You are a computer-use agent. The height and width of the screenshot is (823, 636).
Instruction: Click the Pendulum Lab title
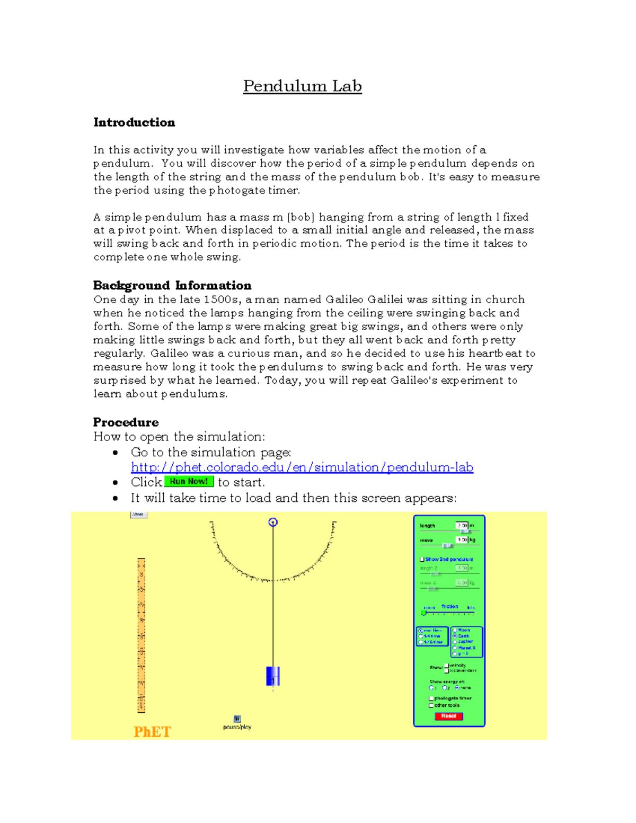(x=302, y=86)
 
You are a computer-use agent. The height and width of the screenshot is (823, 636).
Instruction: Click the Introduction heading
(x=134, y=122)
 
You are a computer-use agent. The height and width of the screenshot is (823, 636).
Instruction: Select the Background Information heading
(x=172, y=286)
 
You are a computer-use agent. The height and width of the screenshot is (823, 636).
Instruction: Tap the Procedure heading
(x=126, y=422)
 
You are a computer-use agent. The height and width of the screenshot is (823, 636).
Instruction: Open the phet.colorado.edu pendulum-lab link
(x=302, y=467)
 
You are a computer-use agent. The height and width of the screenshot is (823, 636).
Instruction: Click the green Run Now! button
(x=189, y=482)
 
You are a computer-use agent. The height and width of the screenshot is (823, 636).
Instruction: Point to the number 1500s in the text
(x=222, y=299)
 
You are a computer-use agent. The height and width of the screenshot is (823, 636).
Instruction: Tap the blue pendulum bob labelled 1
(x=273, y=676)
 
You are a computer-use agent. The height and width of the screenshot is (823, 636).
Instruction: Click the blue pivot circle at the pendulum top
(x=273, y=523)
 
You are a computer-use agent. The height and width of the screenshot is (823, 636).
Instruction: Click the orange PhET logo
(x=152, y=732)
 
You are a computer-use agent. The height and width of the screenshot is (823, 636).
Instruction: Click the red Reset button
(x=449, y=716)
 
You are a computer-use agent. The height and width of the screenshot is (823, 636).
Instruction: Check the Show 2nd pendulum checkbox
(x=422, y=559)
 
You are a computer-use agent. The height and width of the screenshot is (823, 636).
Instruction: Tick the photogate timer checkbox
(x=431, y=698)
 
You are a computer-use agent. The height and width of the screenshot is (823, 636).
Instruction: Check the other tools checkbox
(x=431, y=705)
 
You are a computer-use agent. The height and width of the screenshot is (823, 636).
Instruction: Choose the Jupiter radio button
(x=455, y=642)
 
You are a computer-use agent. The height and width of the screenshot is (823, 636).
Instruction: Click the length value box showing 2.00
(x=462, y=526)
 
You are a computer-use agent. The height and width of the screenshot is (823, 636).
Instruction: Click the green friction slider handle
(x=423, y=613)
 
